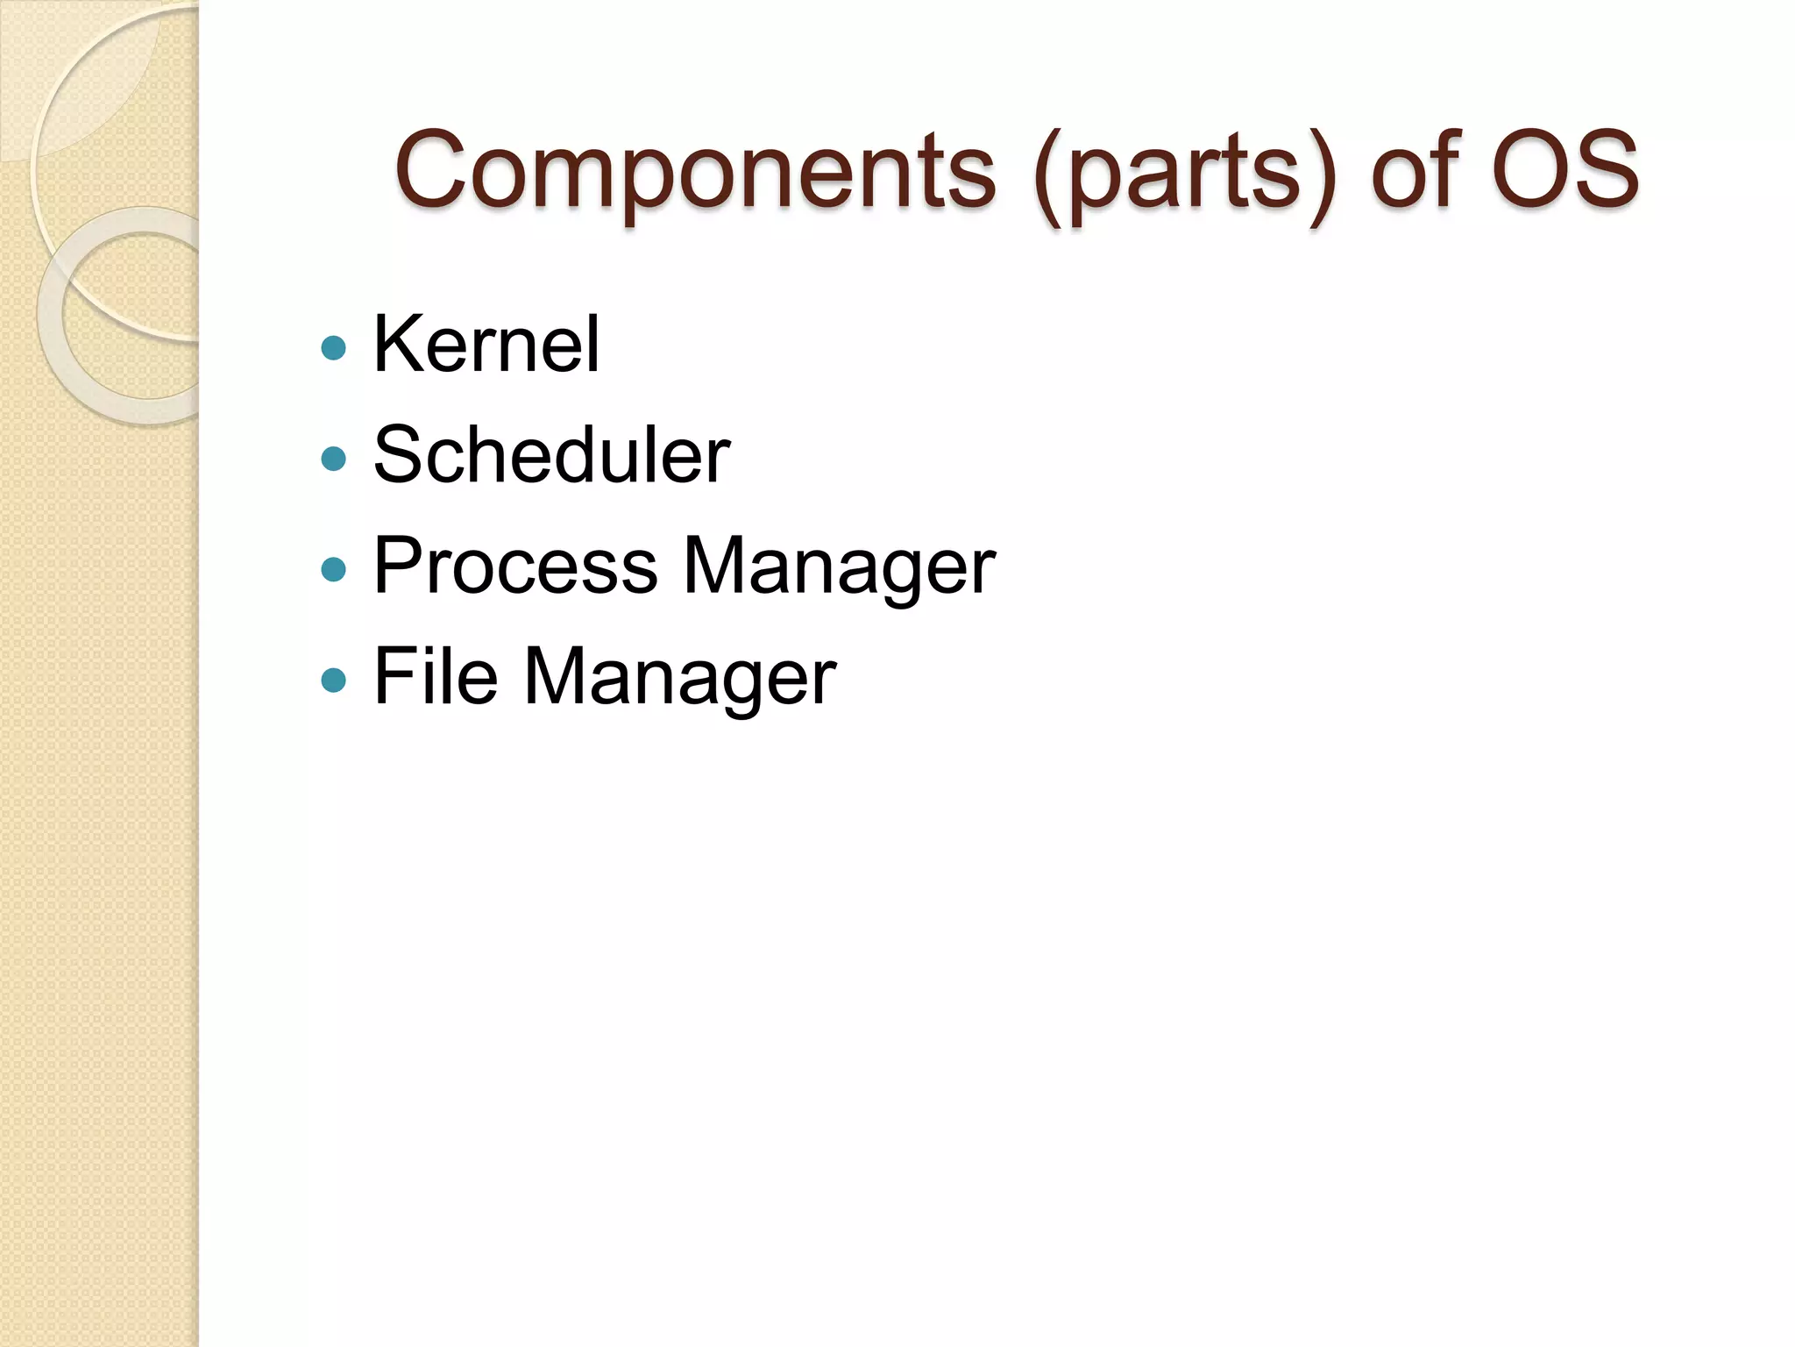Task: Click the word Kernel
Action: pos(486,344)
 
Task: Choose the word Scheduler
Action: pos(551,454)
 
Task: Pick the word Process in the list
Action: pos(515,566)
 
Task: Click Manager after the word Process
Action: pos(839,568)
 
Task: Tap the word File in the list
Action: pos(436,676)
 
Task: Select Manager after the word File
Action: pos(680,679)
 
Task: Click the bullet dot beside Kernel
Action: pos(334,348)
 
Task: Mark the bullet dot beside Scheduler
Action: pos(334,459)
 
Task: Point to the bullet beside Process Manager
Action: pos(334,570)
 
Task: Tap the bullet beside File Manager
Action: pos(334,681)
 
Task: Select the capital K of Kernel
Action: pos(398,344)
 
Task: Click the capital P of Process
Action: pos(399,566)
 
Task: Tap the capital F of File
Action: pos(394,676)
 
